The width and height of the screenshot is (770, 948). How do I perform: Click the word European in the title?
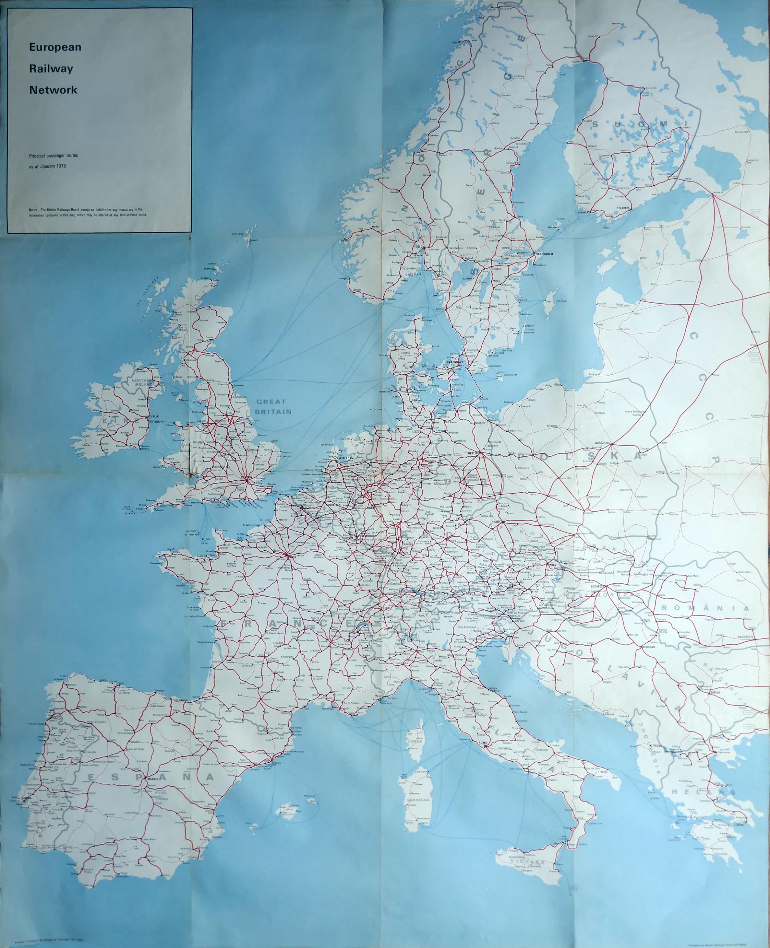55,47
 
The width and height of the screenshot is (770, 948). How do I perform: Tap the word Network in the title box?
53,90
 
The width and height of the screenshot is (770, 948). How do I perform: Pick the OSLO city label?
419,246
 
